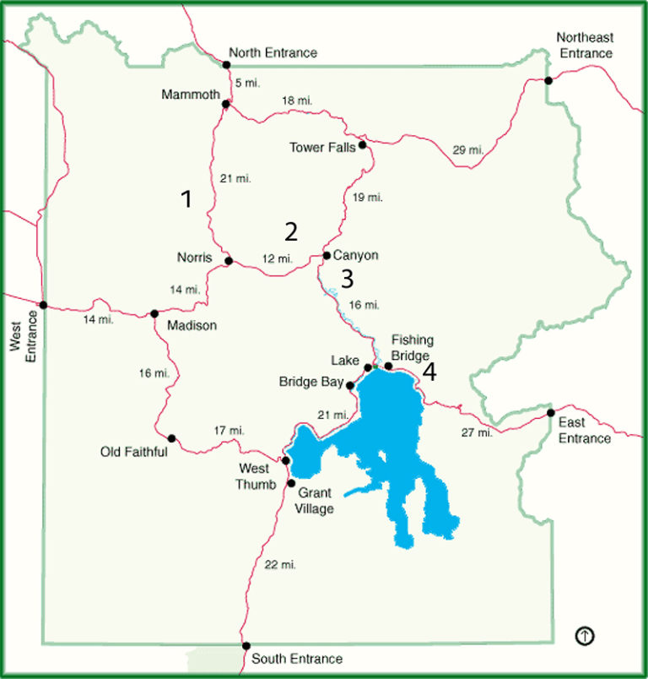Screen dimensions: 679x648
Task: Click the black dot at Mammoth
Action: point(225,105)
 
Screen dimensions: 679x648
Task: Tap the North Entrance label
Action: point(273,53)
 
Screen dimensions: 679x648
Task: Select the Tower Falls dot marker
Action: point(362,145)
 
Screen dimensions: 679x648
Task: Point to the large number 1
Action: point(186,199)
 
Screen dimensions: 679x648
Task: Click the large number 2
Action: point(291,230)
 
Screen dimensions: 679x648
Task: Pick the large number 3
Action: point(347,278)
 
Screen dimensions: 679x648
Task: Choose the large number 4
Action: point(429,372)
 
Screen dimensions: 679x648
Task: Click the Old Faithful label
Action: point(133,452)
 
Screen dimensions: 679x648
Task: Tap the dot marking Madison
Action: point(154,313)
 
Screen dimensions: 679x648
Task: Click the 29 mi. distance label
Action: point(468,149)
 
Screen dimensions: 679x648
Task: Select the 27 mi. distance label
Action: point(476,433)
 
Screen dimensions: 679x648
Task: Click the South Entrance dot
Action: point(246,646)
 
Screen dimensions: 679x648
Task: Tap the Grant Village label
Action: point(315,501)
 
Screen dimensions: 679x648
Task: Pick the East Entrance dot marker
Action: point(550,413)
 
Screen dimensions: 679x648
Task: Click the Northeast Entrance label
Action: point(585,45)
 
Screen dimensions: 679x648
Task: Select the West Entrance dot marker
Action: point(43,305)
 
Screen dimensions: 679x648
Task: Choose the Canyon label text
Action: point(356,255)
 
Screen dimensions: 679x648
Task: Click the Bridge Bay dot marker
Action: point(350,385)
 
